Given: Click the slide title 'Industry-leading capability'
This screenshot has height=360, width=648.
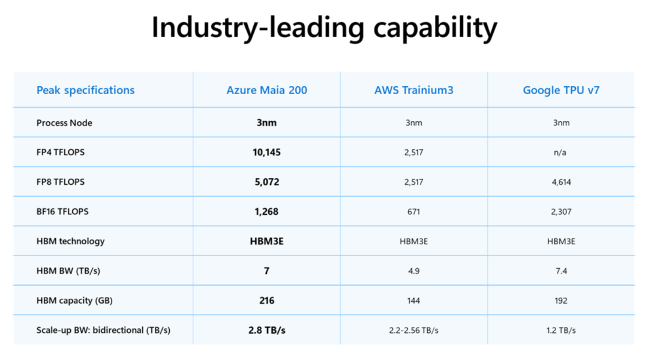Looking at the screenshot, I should click(x=324, y=28).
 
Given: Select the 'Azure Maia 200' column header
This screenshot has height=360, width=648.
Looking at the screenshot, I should click(x=266, y=90).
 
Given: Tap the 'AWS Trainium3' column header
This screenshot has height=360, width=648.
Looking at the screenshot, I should click(x=413, y=90).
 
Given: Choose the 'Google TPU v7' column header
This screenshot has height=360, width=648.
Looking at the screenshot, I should click(x=561, y=90).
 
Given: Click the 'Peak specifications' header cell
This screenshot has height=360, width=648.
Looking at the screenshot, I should click(x=85, y=90).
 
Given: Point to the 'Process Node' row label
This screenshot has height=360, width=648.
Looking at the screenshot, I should click(x=64, y=122).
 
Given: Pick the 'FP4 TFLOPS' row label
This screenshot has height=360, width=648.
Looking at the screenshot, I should click(x=61, y=152).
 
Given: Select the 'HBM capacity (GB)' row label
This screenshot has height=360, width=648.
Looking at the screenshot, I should click(x=74, y=300).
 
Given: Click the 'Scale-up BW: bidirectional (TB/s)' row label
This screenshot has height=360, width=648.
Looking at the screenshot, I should click(x=103, y=330).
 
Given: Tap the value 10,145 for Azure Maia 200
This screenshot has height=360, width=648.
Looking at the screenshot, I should click(x=266, y=152).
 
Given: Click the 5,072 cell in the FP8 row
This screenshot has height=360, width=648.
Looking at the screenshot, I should click(x=266, y=182).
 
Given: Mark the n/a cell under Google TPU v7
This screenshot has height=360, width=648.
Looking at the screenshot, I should click(x=560, y=152).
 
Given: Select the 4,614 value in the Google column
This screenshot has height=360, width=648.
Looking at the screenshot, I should click(x=561, y=182).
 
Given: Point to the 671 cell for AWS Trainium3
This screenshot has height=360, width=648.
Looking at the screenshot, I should click(x=413, y=211).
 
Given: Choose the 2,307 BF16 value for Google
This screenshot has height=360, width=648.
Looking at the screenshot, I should click(x=561, y=211).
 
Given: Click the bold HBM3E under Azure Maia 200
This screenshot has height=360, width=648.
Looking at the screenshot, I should click(x=266, y=241).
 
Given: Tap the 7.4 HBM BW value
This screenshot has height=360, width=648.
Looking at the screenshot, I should click(x=561, y=271).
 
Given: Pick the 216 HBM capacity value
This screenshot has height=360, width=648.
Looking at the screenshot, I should click(x=266, y=300).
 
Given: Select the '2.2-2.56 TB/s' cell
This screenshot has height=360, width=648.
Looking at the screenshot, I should click(x=413, y=330).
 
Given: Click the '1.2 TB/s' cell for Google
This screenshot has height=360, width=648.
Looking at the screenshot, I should click(x=561, y=330).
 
